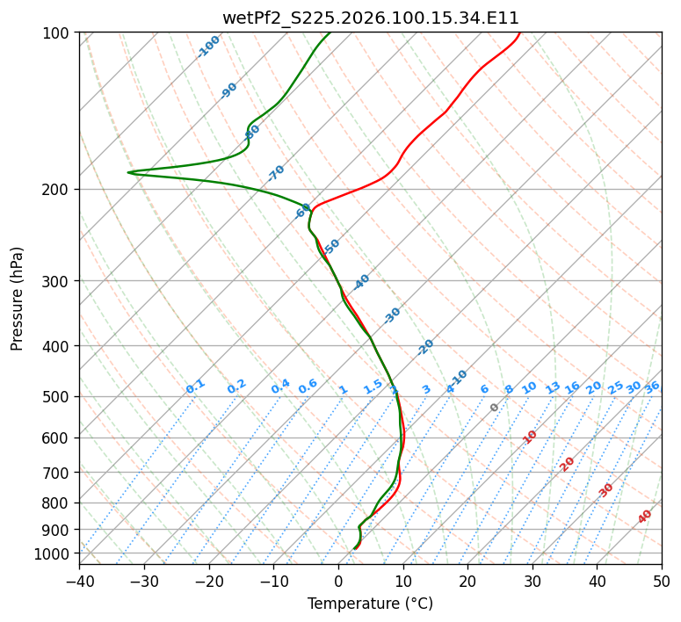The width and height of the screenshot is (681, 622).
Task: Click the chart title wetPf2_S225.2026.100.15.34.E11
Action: [x=370, y=18]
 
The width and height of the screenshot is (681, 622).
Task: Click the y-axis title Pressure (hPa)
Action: [x=18, y=298]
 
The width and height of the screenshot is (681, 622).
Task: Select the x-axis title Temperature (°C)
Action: [x=370, y=604]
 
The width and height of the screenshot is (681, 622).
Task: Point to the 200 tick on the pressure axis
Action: [x=58, y=189]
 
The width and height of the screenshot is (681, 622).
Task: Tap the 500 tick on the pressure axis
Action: [x=58, y=396]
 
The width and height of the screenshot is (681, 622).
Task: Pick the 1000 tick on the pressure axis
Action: [x=54, y=553]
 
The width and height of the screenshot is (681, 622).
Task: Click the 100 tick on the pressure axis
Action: [x=58, y=33]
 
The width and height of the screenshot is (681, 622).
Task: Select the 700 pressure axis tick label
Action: [x=58, y=473]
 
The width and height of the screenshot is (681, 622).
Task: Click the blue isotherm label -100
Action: [x=208, y=47]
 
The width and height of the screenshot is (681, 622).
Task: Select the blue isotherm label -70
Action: [x=276, y=172]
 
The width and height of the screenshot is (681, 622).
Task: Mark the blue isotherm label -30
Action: [x=392, y=315]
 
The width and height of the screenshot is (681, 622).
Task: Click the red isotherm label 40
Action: [x=645, y=517]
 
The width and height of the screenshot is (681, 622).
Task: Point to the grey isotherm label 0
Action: [x=495, y=408]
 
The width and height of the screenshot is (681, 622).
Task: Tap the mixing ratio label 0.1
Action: [x=195, y=387]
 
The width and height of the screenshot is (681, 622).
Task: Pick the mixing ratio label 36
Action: [x=652, y=387]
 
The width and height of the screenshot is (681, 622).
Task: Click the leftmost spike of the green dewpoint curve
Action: [x=128, y=172]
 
